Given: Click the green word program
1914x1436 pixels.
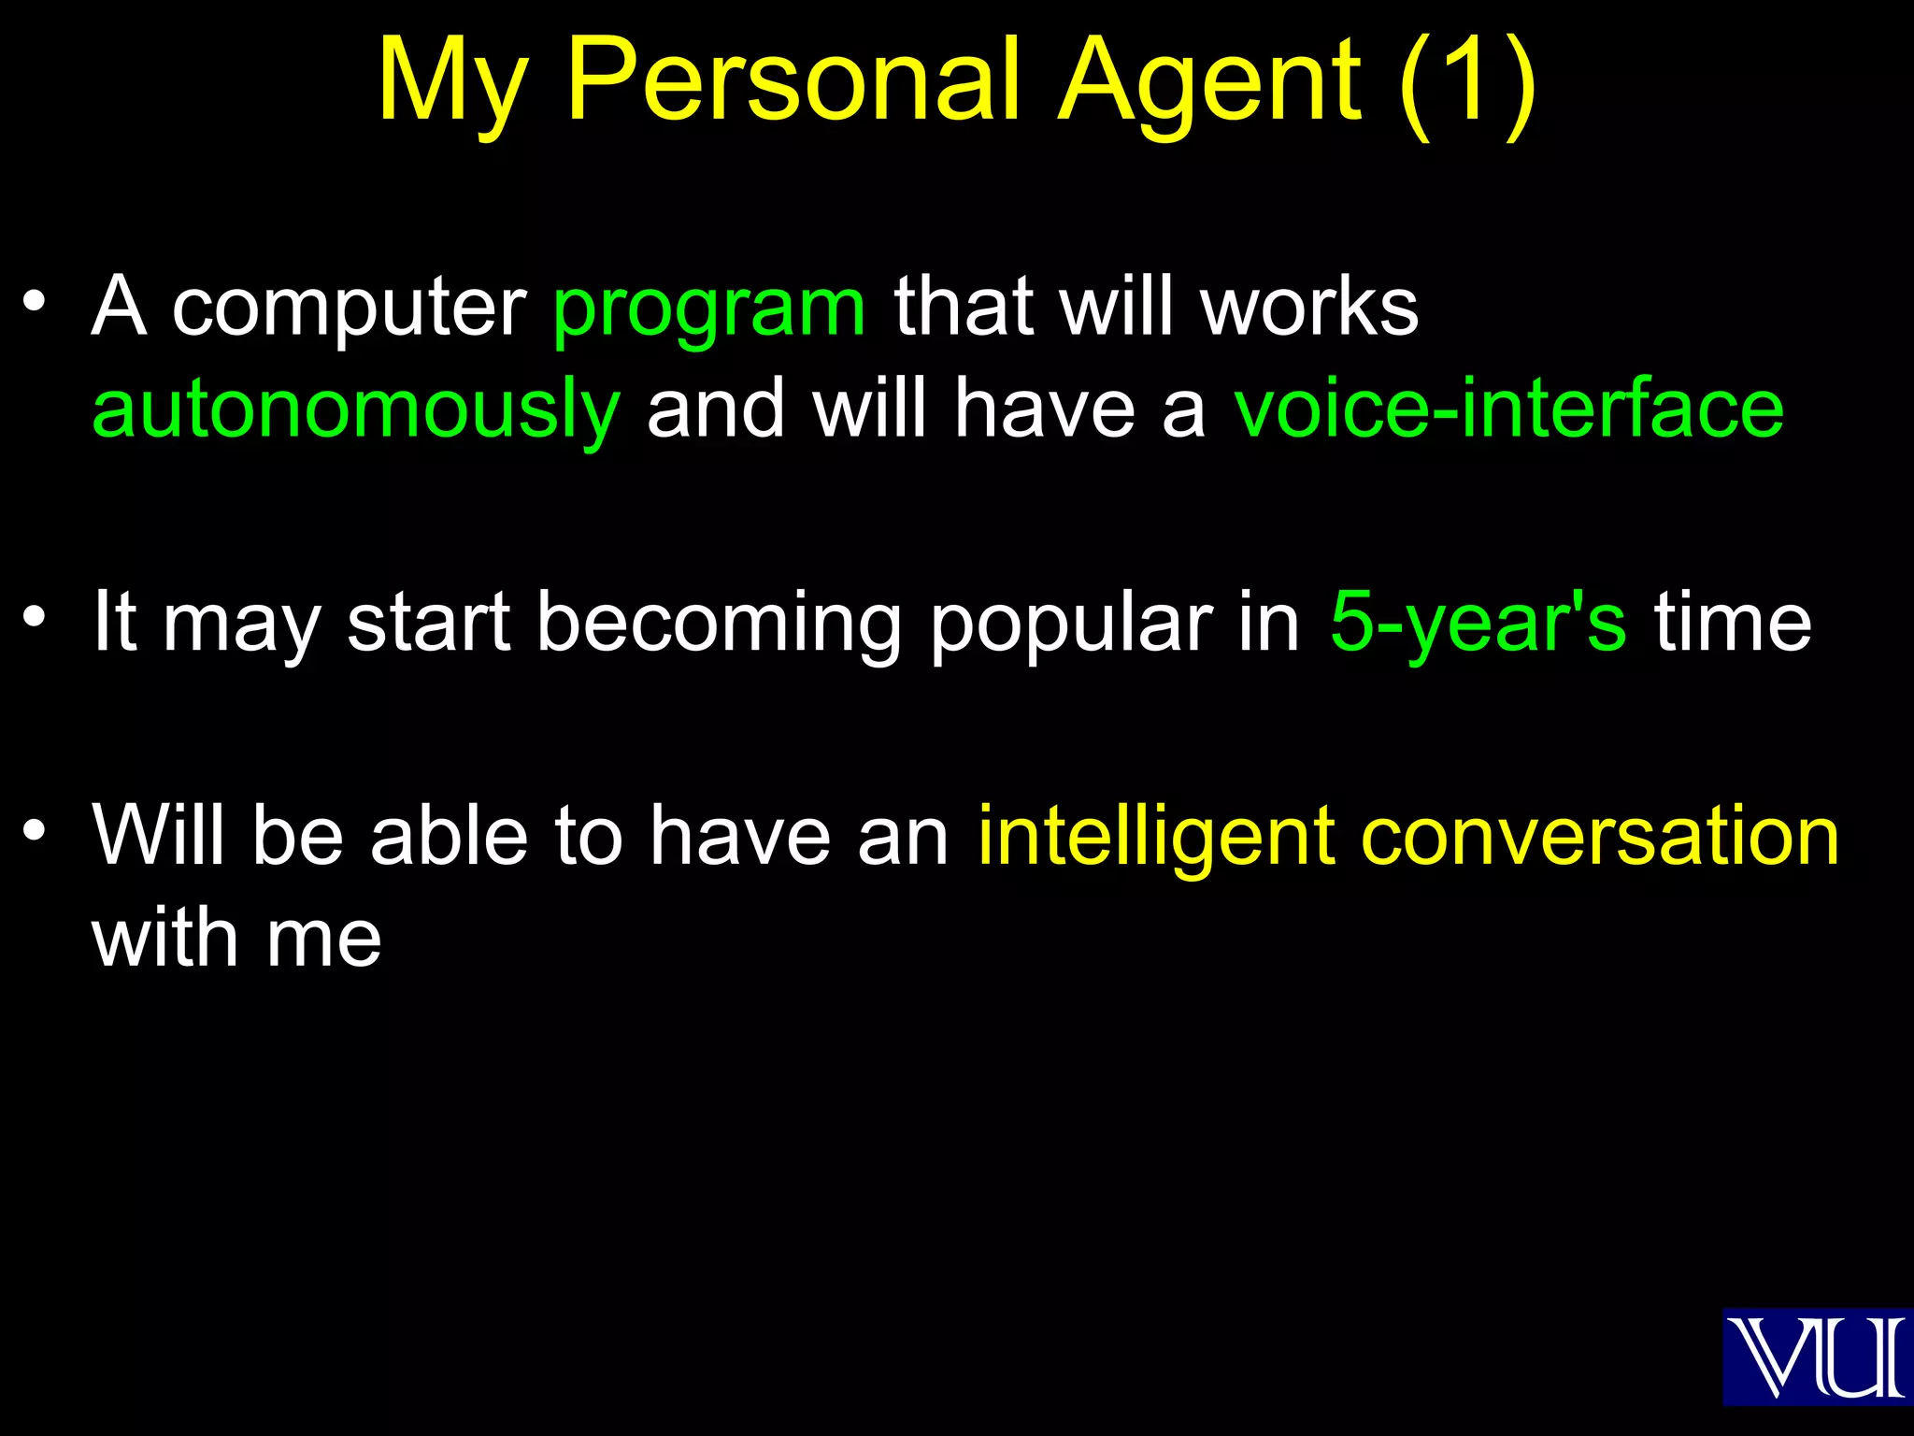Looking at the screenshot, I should click(709, 309).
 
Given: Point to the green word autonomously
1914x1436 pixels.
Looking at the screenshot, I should click(356, 411).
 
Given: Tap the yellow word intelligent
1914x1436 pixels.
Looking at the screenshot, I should click(1157, 836).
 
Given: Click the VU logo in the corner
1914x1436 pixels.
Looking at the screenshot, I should click(1817, 1357).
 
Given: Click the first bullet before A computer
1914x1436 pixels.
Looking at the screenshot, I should click(35, 302).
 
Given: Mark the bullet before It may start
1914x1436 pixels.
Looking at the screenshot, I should click(35, 616).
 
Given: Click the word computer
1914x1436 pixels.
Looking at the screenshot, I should click(350, 309).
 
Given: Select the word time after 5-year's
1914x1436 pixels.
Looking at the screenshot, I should click(1733, 622).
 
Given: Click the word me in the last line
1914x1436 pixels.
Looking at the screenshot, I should click(323, 940).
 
